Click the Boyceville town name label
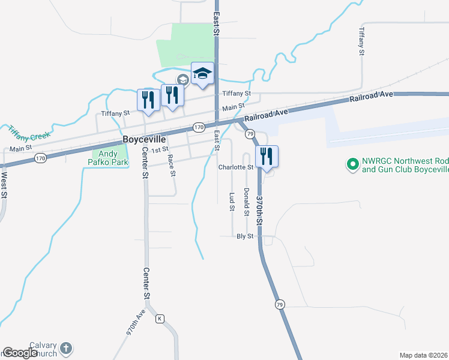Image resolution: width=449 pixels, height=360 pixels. [143, 139]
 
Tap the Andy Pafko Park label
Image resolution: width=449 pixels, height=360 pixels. [109, 158]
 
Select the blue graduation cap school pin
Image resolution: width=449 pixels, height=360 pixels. [202, 74]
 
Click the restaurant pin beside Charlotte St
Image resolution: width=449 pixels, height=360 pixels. [267, 157]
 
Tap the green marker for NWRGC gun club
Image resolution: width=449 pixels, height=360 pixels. [352, 163]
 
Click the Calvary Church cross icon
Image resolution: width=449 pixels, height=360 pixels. [67, 348]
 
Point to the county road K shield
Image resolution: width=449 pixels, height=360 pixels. [160, 318]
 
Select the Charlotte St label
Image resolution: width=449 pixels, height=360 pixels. [236, 167]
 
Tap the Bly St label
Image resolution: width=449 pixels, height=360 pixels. [246, 236]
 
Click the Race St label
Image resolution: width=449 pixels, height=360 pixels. [171, 165]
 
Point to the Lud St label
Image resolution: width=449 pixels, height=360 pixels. [232, 202]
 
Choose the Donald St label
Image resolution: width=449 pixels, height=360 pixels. [247, 201]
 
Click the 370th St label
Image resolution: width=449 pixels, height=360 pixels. [260, 209]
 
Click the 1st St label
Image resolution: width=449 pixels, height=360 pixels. [158, 149]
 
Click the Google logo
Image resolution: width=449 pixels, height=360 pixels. [20, 353]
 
